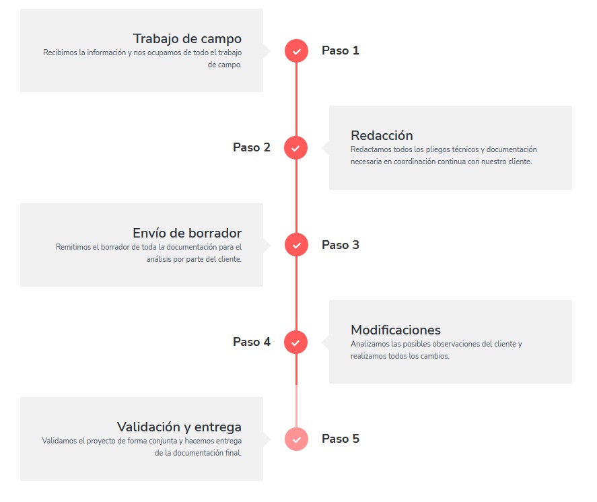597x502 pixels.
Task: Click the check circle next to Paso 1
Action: (x=296, y=50)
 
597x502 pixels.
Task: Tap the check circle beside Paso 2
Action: (x=296, y=147)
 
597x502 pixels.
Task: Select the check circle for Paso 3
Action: (x=296, y=245)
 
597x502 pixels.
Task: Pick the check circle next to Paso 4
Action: (x=296, y=342)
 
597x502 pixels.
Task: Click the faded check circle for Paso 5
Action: (x=296, y=439)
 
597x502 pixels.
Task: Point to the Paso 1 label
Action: (x=341, y=50)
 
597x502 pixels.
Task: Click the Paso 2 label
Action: (x=252, y=147)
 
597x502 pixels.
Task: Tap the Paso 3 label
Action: (x=341, y=245)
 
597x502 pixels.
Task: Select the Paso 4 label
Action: (x=252, y=342)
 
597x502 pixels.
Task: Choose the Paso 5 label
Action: (x=341, y=439)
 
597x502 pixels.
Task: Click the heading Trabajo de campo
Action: (x=187, y=39)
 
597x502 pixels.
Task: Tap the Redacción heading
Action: (x=382, y=135)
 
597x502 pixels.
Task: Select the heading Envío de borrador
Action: (x=187, y=233)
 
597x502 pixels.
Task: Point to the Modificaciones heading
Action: (x=396, y=330)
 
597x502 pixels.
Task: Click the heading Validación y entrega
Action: (x=179, y=427)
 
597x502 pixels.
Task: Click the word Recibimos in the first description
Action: (x=60, y=52)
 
